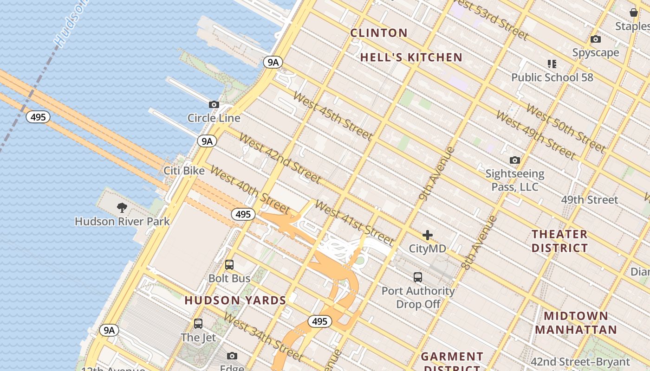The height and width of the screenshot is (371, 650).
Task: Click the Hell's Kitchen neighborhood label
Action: [x=411, y=58]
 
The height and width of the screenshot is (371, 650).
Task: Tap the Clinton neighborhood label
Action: [x=379, y=33]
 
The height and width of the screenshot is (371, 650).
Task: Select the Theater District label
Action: [x=559, y=241]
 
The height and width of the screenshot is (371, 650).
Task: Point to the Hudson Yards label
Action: [x=235, y=300]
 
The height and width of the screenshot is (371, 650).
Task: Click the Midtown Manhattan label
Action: [x=576, y=323]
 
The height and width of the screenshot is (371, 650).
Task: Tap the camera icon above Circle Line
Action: [x=214, y=105]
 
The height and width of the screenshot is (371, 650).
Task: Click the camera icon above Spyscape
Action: [x=596, y=39]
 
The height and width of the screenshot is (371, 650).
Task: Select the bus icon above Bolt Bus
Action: [x=229, y=265]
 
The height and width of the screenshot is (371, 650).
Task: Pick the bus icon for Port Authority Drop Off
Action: [x=418, y=277]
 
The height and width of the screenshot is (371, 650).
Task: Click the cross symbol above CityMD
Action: [x=428, y=235]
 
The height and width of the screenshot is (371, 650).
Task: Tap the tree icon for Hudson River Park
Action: [x=122, y=207]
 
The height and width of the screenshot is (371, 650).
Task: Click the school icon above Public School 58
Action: [x=552, y=64]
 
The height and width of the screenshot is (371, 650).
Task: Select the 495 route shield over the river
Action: [x=38, y=117]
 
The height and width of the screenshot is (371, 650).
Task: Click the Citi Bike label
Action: [x=184, y=171]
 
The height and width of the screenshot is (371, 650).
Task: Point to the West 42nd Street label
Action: [x=280, y=159]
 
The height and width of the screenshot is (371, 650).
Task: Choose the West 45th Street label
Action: [x=332, y=116]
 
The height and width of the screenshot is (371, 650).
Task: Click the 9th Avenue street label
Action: [x=436, y=173]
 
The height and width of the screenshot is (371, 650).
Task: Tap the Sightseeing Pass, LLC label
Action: [x=514, y=180]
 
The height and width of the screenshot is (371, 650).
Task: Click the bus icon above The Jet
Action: [x=198, y=324]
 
